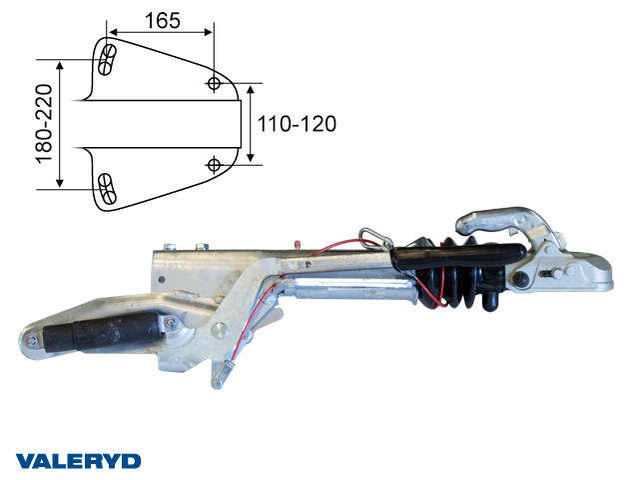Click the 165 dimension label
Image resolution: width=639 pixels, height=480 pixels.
[162, 20]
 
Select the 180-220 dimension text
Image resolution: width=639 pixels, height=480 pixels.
[44, 124]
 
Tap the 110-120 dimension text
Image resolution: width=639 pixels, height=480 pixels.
[297, 124]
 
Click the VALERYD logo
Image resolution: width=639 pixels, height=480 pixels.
[78, 461]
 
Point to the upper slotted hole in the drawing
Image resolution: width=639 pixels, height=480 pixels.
[107, 60]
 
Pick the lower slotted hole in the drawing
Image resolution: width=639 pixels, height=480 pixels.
[107, 189]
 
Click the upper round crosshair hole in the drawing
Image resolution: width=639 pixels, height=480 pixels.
[214, 83]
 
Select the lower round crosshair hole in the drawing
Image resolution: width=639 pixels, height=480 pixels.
[214, 165]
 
